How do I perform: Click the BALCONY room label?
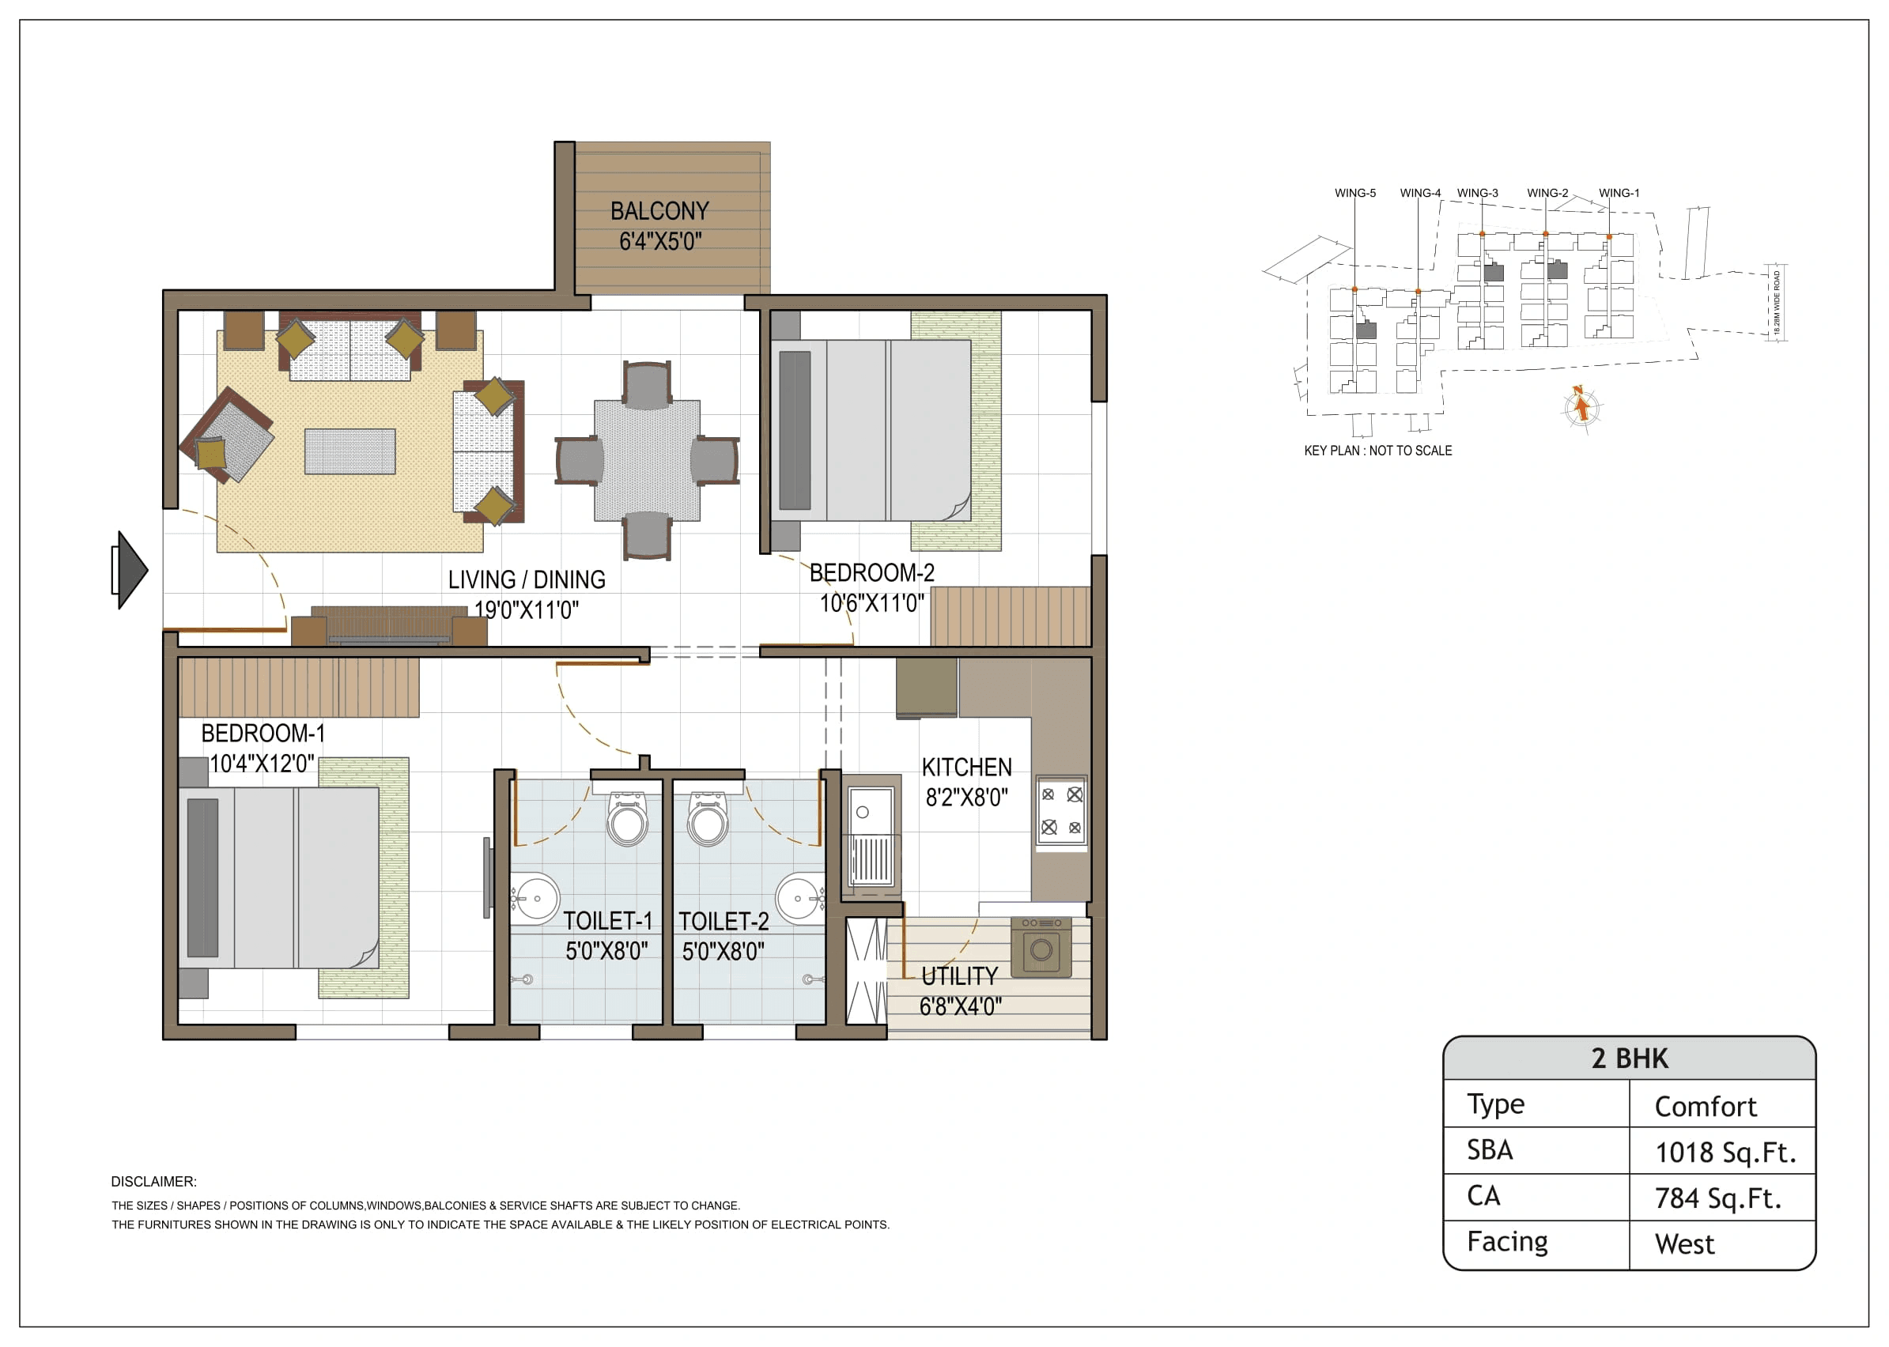click(x=659, y=211)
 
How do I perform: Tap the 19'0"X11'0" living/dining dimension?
click(x=526, y=610)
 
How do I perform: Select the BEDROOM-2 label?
click(x=871, y=573)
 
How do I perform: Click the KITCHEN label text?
click(x=966, y=768)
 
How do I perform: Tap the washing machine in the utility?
click(x=1041, y=946)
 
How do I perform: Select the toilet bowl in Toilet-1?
click(x=627, y=821)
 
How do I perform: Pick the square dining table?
click(x=646, y=460)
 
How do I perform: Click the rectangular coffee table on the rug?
click(x=349, y=452)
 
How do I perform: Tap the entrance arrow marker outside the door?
click(x=130, y=570)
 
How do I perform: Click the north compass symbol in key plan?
click(x=1581, y=407)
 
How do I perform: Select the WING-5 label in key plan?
click(x=1354, y=193)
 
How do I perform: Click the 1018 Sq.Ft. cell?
click(x=1725, y=1152)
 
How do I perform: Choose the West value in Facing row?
click(x=1684, y=1244)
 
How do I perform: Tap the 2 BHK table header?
click(x=1629, y=1058)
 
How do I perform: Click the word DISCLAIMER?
click(x=153, y=1181)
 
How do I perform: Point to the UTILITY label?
click(x=959, y=976)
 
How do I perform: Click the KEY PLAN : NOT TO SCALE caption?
click(x=1377, y=451)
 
